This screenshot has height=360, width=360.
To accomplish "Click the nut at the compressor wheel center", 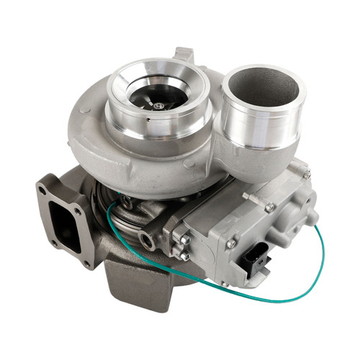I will (158, 106).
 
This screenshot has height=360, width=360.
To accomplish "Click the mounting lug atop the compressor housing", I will (183, 56).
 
